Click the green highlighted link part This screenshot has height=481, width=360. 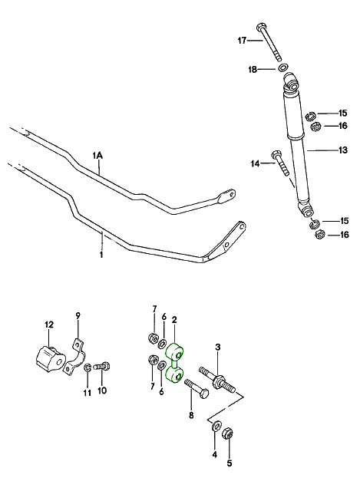pos(174,364)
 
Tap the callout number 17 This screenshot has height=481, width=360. pos(242,40)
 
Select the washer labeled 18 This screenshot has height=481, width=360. pos(283,68)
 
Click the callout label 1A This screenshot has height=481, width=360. pos(98,156)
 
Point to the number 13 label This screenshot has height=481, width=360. pos(343,150)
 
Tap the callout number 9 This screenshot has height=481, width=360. pos(78,315)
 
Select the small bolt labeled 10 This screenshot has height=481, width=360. pos(103,366)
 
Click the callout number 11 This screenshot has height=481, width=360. pos(88,392)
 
